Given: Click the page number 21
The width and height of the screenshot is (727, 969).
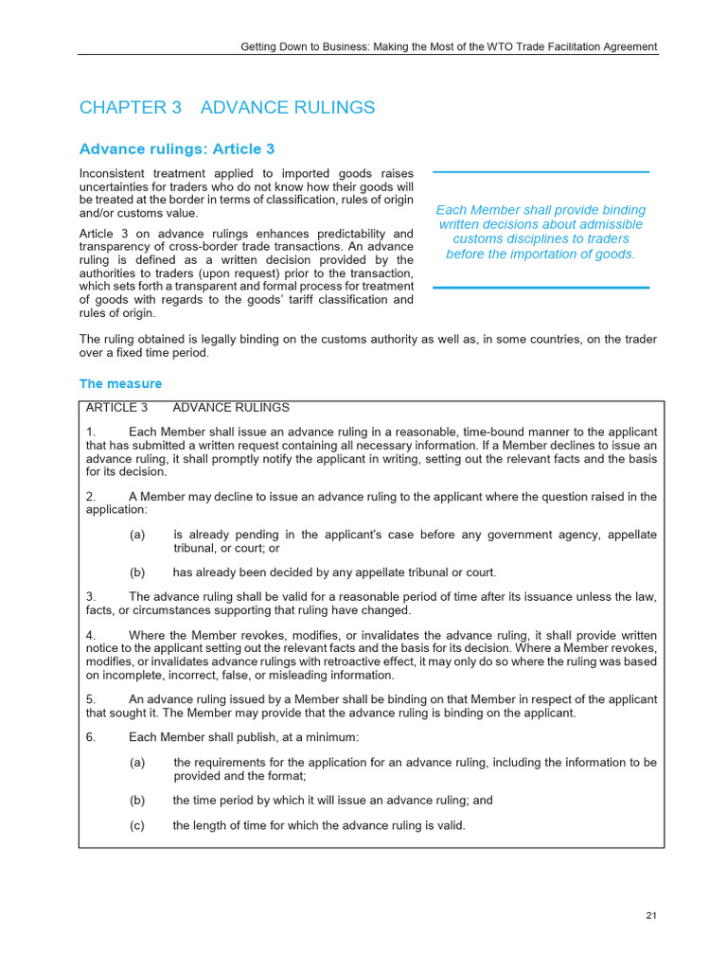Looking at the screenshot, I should (x=651, y=916).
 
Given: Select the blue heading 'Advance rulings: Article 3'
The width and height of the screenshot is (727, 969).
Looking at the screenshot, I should (x=177, y=150).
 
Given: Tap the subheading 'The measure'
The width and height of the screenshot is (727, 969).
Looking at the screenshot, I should (x=120, y=384).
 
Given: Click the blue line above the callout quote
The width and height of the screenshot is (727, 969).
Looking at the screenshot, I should (x=541, y=172).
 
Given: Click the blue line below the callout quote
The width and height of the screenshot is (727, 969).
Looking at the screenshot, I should (x=541, y=287).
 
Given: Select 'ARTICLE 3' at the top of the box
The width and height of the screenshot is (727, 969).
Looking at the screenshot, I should (x=116, y=408).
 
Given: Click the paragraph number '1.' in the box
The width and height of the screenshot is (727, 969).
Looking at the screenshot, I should (x=90, y=432).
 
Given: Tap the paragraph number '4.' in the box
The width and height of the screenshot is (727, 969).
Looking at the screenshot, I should (x=90, y=634).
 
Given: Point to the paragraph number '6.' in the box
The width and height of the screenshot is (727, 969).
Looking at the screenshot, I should (x=90, y=737).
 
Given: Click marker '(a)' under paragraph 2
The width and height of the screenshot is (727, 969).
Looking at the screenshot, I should (x=137, y=535).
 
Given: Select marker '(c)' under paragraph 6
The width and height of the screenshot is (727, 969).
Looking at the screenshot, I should (x=137, y=825).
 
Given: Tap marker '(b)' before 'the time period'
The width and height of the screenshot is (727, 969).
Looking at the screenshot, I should (x=137, y=800).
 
